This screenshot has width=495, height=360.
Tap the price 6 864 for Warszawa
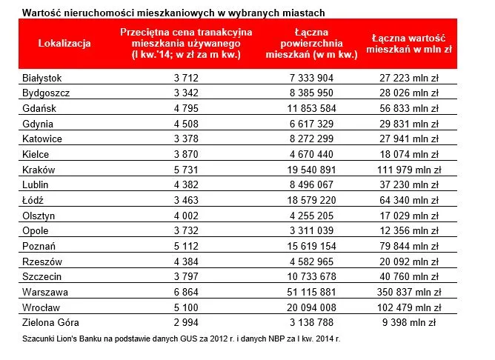pyautogui.click(x=185, y=291)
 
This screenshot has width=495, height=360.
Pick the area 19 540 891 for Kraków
pyautogui.click(x=322, y=170)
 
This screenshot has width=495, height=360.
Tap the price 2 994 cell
pyautogui.click(x=185, y=322)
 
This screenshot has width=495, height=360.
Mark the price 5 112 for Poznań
pyautogui.click(x=185, y=245)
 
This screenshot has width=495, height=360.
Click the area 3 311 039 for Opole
pyautogui.click(x=322, y=230)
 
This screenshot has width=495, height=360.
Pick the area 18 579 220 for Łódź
pyautogui.click(x=322, y=200)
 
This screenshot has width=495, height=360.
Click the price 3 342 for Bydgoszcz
pyautogui.click(x=185, y=93)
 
